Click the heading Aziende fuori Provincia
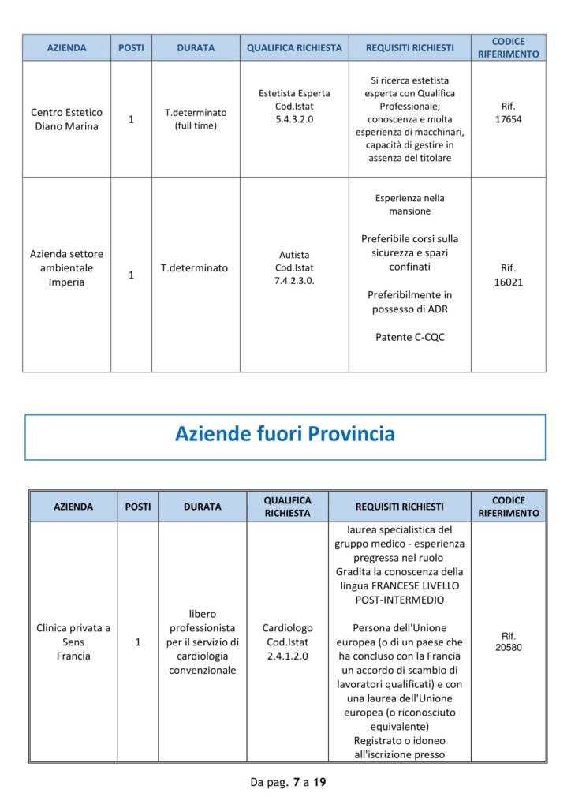pyautogui.click(x=285, y=434)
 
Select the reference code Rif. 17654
pyautogui.click(x=508, y=112)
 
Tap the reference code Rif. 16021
pyautogui.click(x=508, y=275)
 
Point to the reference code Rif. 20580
pyautogui.click(x=508, y=642)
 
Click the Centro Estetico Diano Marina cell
pyautogui.click(x=66, y=119)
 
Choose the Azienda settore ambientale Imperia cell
pyautogui.click(x=66, y=267)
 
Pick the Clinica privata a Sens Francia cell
pyautogui.click(x=73, y=642)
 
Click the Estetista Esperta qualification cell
pyautogui.click(x=294, y=106)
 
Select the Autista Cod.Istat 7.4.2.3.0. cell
pyautogui.click(x=294, y=267)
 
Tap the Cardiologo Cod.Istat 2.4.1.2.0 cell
pyautogui.click(x=287, y=642)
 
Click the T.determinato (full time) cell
pyautogui.click(x=196, y=119)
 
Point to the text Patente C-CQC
pyautogui.click(x=409, y=337)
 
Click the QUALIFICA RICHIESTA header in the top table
pyautogui.click(x=294, y=47)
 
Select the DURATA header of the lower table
pyautogui.click(x=203, y=507)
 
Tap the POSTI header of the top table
pyautogui.click(x=131, y=47)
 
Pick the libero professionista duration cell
pyautogui.click(x=202, y=642)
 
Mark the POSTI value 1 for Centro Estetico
pyautogui.click(x=131, y=119)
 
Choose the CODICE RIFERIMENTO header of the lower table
pyautogui.click(x=508, y=507)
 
